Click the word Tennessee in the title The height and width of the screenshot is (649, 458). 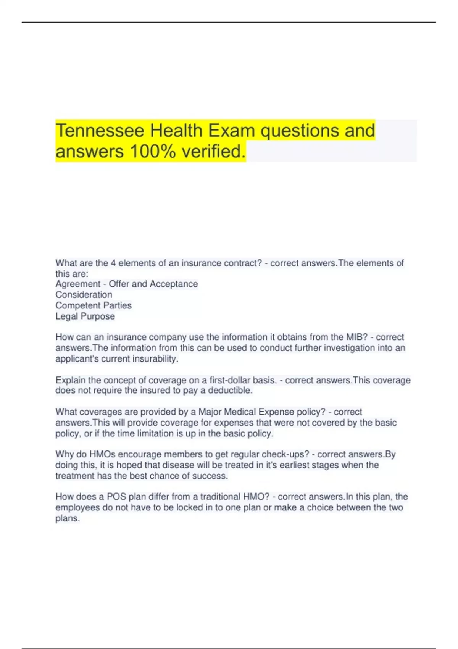click(x=100, y=131)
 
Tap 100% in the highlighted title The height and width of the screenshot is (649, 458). click(x=153, y=151)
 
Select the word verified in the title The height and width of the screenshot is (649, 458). click(x=213, y=151)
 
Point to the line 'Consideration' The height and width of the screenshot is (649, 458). click(x=84, y=295)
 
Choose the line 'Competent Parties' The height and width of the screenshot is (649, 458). click(x=94, y=305)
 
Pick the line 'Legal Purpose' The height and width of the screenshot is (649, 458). click(x=85, y=316)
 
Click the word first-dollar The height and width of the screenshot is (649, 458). click(x=232, y=380)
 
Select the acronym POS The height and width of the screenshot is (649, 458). click(x=116, y=497)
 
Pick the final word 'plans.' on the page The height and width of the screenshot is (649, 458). click(x=68, y=518)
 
